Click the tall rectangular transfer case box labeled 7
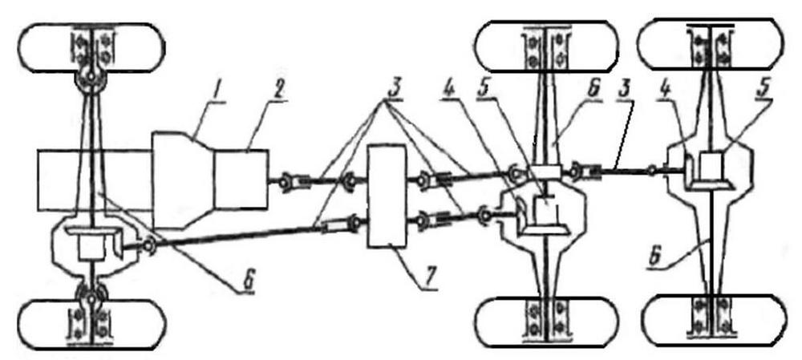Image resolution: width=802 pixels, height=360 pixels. (387, 196)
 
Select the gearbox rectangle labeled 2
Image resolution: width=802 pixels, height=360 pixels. (241, 179)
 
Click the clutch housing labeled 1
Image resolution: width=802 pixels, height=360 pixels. (183, 180)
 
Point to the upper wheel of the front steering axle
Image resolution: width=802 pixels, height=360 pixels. (91, 47)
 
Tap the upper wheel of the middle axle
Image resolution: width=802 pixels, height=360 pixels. (546, 47)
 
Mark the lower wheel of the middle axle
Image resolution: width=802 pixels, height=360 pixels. (546, 322)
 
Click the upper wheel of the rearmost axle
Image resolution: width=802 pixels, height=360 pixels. (713, 44)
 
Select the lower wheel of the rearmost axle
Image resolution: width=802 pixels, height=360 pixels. (713, 320)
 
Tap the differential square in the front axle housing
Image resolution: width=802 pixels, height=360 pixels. (91, 248)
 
